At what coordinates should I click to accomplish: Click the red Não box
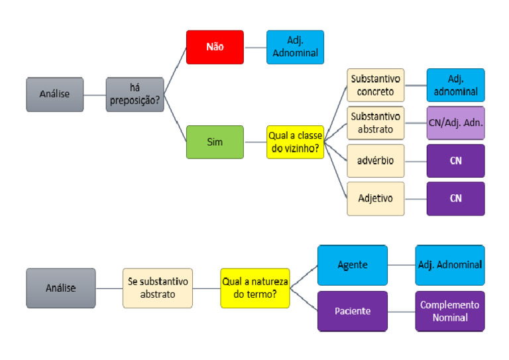tap(215, 47)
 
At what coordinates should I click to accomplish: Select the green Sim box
tap(215, 142)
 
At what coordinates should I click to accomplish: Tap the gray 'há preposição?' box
tap(135, 94)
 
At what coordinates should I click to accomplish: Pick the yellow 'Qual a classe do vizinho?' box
tap(296, 142)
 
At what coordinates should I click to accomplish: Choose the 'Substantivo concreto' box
tap(376, 85)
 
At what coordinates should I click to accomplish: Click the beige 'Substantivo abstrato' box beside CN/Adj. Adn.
tap(376, 123)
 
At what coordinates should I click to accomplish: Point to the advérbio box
tap(376, 160)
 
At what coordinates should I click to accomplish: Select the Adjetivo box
tap(376, 198)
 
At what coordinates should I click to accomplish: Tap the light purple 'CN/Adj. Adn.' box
tap(455, 123)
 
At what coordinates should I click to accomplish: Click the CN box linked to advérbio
tap(455, 160)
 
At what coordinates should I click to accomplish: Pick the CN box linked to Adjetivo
tap(455, 198)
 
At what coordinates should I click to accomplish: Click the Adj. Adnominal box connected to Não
tap(295, 47)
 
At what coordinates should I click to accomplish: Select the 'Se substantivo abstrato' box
tap(158, 288)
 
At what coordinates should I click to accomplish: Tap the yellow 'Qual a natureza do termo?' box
tap(255, 288)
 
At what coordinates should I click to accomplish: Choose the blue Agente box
tap(352, 265)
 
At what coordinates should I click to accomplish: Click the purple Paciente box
tap(352, 311)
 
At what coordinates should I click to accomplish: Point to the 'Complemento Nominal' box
tap(450, 311)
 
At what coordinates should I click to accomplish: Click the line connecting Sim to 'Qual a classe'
tap(255, 142)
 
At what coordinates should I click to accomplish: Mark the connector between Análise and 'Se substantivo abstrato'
tap(109, 288)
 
